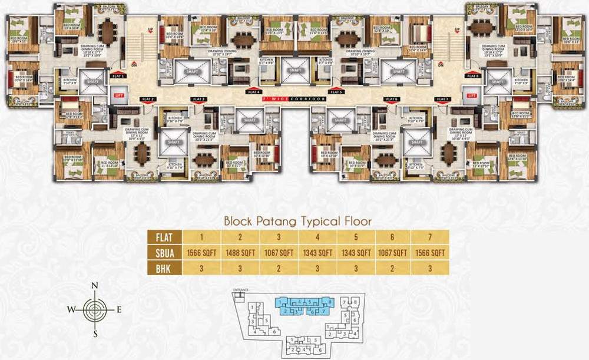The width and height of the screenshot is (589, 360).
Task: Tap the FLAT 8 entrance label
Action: pyautogui.click(x=472, y=76)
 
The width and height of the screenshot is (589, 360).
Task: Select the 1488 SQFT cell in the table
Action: pyautogui.click(x=240, y=253)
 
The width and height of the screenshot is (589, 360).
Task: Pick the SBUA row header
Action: pyautogui.click(x=164, y=253)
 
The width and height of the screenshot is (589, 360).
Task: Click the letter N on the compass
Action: pyautogui.click(x=95, y=286)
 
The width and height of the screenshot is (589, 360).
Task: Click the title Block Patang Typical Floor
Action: pyautogui.click(x=297, y=222)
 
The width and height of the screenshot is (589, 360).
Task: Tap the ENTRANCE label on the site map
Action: pyautogui.click(x=242, y=290)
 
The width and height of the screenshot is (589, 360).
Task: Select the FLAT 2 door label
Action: pyautogui.click(x=147, y=99)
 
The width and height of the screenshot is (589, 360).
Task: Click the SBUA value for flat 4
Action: pyautogui.click(x=317, y=253)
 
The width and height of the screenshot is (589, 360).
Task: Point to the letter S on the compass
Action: pyautogui.click(x=95, y=333)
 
